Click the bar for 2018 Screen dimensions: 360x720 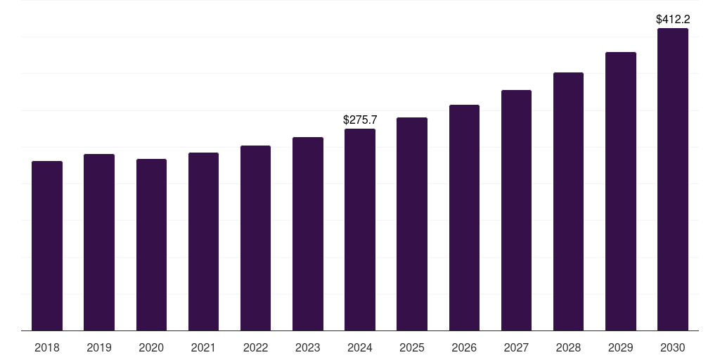click(x=47, y=246)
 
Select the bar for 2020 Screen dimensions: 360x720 click(x=151, y=245)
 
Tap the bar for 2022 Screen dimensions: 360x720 click(x=255, y=238)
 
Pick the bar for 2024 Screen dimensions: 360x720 click(x=360, y=230)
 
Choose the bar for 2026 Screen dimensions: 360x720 click(x=464, y=218)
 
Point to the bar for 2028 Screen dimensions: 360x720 click(x=568, y=202)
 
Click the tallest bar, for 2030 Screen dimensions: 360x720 click(x=673, y=179)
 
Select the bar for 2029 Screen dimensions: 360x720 click(x=621, y=191)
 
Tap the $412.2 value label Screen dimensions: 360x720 click(x=673, y=20)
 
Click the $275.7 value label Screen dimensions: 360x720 click(x=360, y=120)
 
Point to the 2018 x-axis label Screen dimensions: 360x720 click(x=47, y=347)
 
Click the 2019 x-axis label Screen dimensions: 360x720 click(x=99, y=347)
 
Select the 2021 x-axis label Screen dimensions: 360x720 click(x=203, y=347)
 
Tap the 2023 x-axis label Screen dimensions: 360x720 click(x=308, y=347)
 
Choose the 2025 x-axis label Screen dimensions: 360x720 click(x=412, y=347)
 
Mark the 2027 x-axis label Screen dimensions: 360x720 click(x=516, y=347)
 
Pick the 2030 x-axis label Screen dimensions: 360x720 click(x=673, y=347)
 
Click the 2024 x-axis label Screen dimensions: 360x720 click(x=360, y=347)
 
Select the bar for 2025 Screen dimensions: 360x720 click(x=412, y=224)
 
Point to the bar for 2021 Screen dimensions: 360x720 click(x=203, y=242)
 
